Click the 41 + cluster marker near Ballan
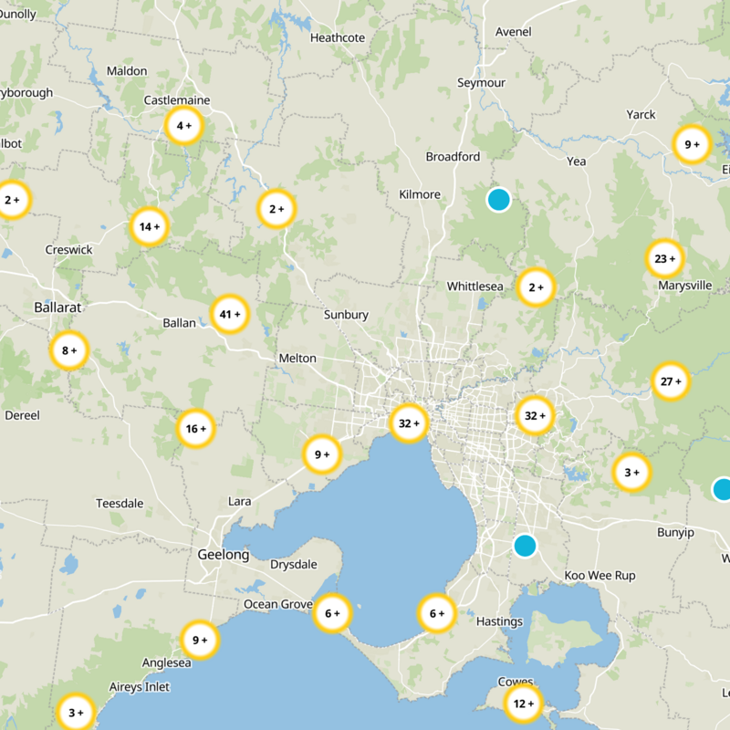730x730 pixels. click(x=230, y=315)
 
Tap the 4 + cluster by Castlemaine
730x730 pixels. click(x=183, y=126)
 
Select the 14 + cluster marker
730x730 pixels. click(x=149, y=227)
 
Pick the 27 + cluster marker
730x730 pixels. click(x=671, y=381)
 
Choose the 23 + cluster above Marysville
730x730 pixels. click(x=664, y=259)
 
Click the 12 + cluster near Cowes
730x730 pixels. click(x=523, y=704)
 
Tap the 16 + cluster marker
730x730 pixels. click(x=196, y=429)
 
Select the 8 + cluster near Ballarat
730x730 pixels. click(x=68, y=350)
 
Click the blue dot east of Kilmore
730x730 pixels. click(x=498, y=199)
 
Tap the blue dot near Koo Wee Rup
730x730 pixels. click(x=524, y=546)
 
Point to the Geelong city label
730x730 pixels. click(x=223, y=555)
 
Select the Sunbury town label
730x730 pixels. click(x=346, y=315)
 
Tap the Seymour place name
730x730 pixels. click(x=481, y=83)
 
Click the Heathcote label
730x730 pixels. click(x=337, y=38)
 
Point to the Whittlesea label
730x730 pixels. click(x=474, y=287)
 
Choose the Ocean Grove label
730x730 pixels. click(x=277, y=604)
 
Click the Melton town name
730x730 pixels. click(x=297, y=359)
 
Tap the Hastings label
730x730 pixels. click(x=499, y=622)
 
